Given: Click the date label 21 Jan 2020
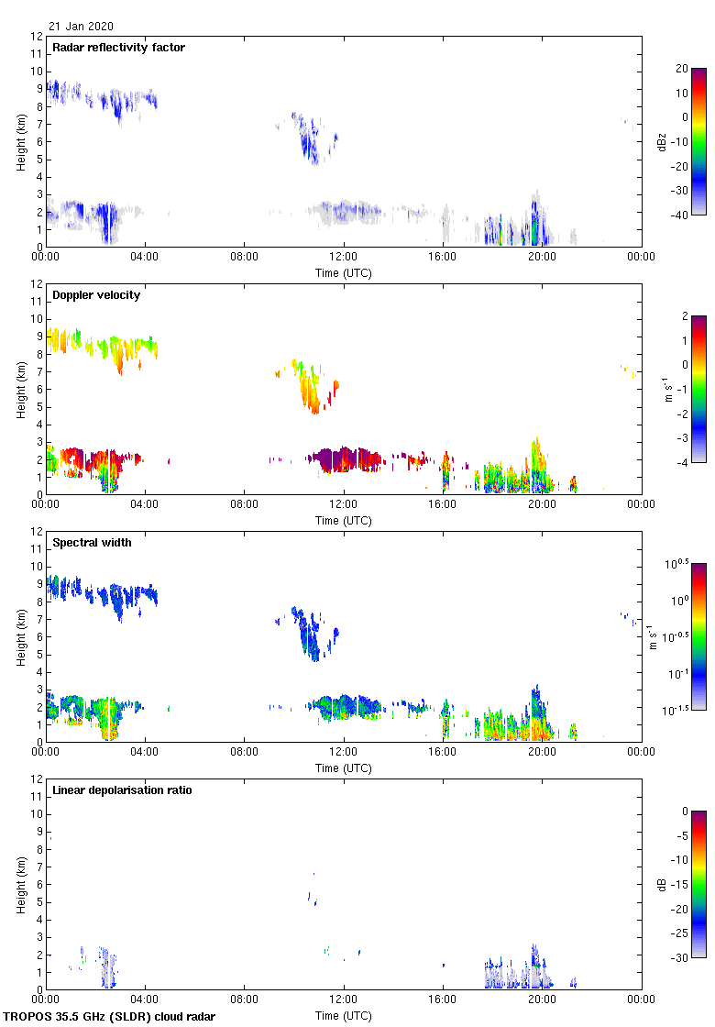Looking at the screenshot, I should [82, 27].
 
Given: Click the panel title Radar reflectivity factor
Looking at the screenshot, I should [118, 48].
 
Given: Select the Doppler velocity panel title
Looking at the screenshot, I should [96, 295].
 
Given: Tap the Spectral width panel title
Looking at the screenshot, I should [92, 543].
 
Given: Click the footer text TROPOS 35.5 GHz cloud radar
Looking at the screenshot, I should [110, 1017].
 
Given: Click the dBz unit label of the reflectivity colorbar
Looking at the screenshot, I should [661, 141].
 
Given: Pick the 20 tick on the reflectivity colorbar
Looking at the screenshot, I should [681, 69].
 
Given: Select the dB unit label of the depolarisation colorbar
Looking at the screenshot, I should [661, 884].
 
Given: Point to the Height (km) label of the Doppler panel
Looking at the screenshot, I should [20, 389].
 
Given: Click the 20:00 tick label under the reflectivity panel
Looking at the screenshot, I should [542, 258].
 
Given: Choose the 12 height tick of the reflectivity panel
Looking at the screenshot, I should [36, 37].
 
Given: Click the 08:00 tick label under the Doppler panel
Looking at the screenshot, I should [244, 505].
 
